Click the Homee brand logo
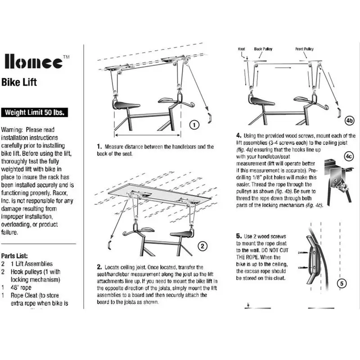tap(33, 62)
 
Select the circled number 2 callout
tap(203, 246)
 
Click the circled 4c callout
tap(348, 157)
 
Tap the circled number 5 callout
tap(342, 283)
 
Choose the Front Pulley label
tap(305, 49)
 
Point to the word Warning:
tap(13, 130)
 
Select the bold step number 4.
tap(238, 135)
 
